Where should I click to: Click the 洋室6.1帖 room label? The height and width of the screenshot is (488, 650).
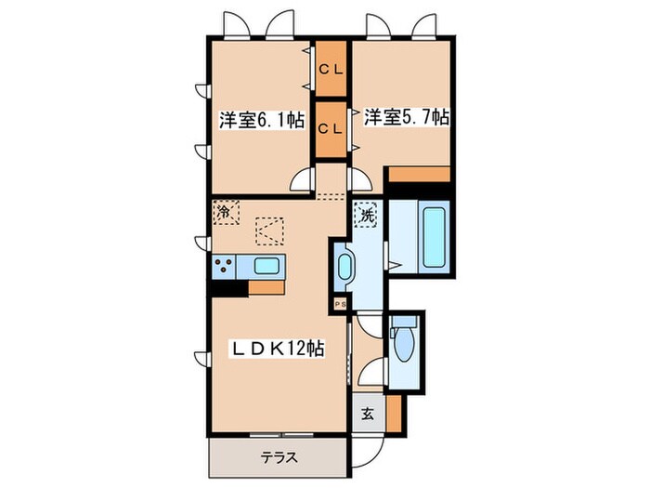pyautogui.click(x=262, y=120)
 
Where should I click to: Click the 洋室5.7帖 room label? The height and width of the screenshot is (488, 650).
pyautogui.click(x=407, y=117)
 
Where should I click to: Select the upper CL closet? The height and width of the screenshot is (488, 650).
pyautogui.click(x=331, y=69)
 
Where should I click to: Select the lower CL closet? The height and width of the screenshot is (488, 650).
pyautogui.click(x=331, y=130)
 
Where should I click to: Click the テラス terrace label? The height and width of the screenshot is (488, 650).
pyautogui.click(x=279, y=457)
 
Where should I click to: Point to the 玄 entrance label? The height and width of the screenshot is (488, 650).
pyautogui.click(x=368, y=414)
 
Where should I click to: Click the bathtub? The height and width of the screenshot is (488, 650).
pyautogui.click(x=434, y=237)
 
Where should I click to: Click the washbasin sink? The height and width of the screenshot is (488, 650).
pyautogui.click(x=344, y=267)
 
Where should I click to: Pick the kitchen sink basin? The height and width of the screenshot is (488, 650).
pyautogui.click(x=266, y=266)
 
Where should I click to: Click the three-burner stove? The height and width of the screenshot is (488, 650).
pyautogui.click(x=224, y=266)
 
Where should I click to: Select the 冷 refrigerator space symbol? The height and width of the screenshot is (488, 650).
pyautogui.click(x=226, y=212)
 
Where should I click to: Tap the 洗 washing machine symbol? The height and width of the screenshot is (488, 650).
pyautogui.click(x=365, y=215)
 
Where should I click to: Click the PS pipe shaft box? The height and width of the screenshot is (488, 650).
pyautogui.click(x=341, y=305)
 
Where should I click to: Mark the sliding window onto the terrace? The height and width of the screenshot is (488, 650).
pyautogui.click(x=281, y=435)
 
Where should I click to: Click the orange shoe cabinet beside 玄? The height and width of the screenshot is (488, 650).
pyautogui.click(x=395, y=414)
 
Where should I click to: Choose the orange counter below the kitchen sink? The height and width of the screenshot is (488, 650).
pyautogui.click(x=266, y=287)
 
